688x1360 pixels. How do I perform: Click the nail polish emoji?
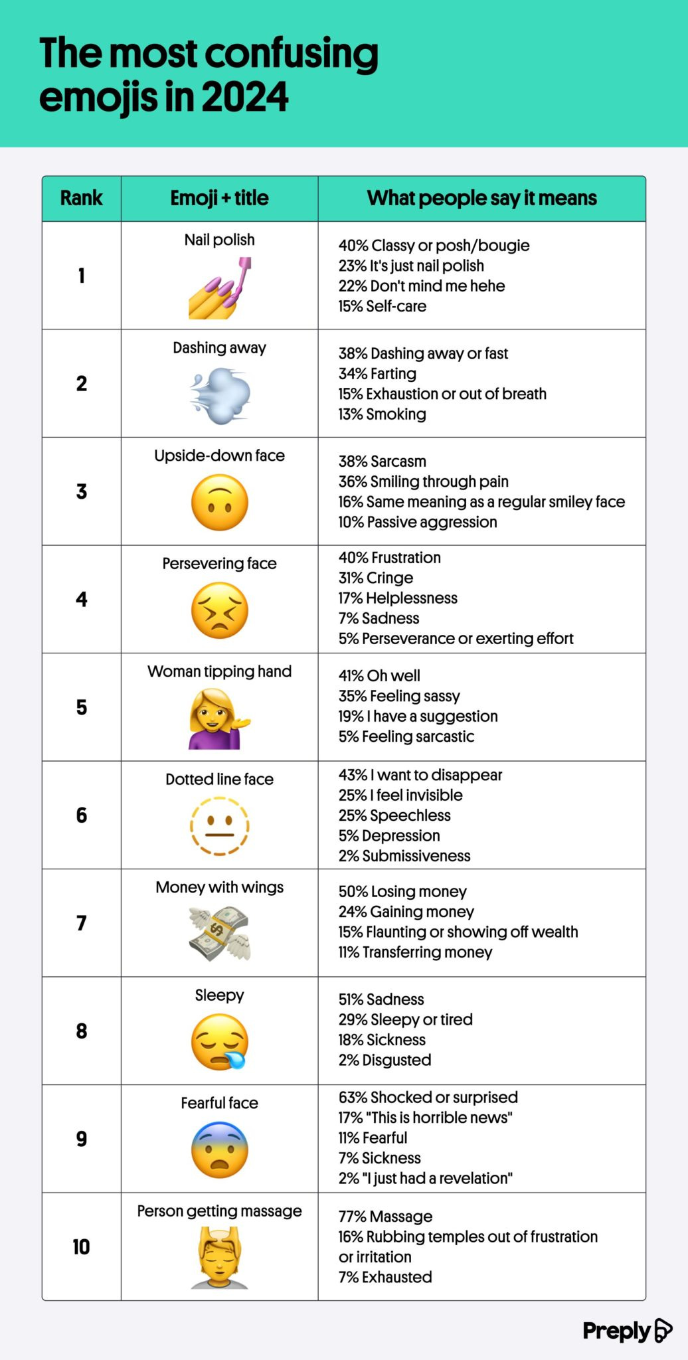(219, 289)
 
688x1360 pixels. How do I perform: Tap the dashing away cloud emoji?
(220, 397)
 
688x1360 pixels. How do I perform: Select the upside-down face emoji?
(220, 503)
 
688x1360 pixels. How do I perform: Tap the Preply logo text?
(616, 1331)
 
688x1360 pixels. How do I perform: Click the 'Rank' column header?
(81, 198)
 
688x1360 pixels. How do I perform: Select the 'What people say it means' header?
(481, 198)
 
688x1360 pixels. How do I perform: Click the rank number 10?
(81, 1246)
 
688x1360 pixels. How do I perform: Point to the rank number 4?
(81, 599)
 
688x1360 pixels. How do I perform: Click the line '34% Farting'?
(377, 374)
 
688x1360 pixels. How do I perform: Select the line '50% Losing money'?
(402, 891)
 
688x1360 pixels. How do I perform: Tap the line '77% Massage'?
(385, 1216)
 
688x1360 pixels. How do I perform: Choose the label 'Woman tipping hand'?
(219, 671)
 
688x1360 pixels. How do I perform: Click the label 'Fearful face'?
(219, 1103)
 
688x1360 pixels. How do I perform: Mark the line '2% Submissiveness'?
(404, 855)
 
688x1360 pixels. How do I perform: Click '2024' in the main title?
(244, 97)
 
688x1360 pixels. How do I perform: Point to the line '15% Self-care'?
(383, 306)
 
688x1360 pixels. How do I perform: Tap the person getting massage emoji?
(220, 1258)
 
